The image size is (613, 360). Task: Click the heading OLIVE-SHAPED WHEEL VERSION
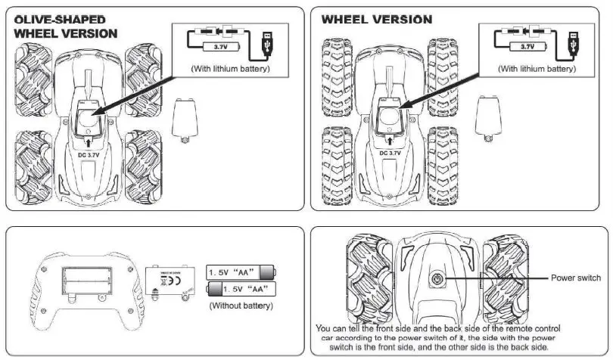(x=66, y=26)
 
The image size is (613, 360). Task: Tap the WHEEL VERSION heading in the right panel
(x=378, y=19)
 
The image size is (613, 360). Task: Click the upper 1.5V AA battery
(x=240, y=272)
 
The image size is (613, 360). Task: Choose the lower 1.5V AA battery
(x=240, y=288)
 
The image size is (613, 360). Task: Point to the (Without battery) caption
(x=240, y=306)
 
